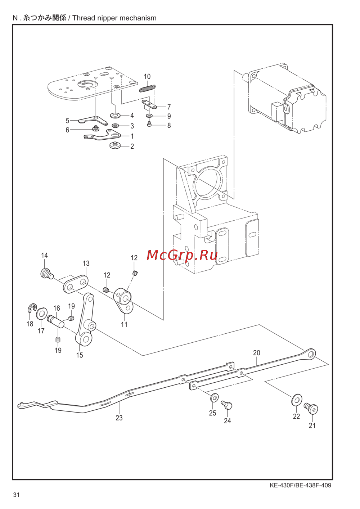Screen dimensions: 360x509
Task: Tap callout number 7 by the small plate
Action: pyautogui.click(x=168, y=107)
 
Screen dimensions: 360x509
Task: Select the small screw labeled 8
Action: pyautogui.click(x=149, y=124)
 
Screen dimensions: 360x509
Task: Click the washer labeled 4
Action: pyautogui.click(x=116, y=116)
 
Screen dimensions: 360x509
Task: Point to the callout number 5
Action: pyautogui.click(x=68, y=120)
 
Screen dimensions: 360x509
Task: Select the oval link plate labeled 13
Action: pyautogui.click(x=76, y=284)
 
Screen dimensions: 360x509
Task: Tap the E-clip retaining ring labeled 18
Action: pyautogui.click(x=31, y=308)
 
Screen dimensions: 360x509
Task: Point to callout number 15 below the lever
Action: pyautogui.click(x=80, y=355)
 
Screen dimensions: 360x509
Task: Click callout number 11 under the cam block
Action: pyautogui.click(x=124, y=324)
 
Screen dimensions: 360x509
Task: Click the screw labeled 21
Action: pyautogui.click(x=311, y=408)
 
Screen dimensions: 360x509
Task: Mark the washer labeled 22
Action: pyautogui.click(x=297, y=400)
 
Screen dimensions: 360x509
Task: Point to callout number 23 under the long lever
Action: pyautogui.click(x=119, y=418)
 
